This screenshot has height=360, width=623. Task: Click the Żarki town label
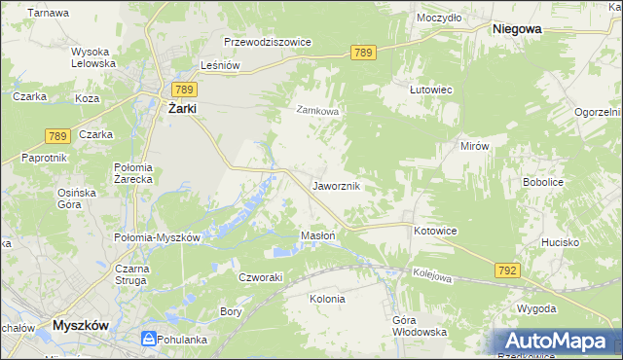coord(182,109)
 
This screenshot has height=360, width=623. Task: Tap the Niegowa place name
coord(517,29)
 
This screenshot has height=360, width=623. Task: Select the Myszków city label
coord(86,325)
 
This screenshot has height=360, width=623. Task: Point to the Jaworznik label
coord(337,185)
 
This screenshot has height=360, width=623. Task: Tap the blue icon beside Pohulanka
coord(148,339)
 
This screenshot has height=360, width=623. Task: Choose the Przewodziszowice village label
coord(267,42)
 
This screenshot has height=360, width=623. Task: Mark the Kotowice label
coord(435,231)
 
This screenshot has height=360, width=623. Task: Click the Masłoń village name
coord(318,235)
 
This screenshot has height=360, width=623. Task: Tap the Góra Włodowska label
coord(419,326)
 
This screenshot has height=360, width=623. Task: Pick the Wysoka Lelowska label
coord(93,56)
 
